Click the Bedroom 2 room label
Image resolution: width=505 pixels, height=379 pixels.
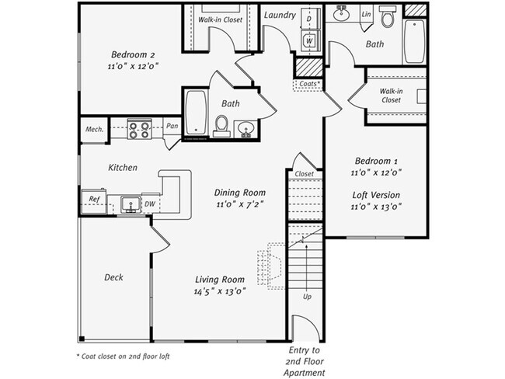click(x=133, y=54)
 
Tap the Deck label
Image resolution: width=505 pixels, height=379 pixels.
click(x=113, y=277)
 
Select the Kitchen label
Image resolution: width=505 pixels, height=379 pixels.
click(x=123, y=167)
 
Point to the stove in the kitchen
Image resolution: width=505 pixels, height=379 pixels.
click(x=138, y=129)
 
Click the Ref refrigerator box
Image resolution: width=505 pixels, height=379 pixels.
click(x=95, y=200)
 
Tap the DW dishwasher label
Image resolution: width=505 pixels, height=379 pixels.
click(x=151, y=204)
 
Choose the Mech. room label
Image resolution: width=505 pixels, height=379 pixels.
click(x=94, y=129)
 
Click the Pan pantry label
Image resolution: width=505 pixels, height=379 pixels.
click(x=171, y=125)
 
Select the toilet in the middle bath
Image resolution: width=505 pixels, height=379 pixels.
click(x=221, y=125)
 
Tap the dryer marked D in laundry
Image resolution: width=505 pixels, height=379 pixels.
click(x=308, y=17)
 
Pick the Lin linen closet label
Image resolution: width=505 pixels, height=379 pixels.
click(x=366, y=15)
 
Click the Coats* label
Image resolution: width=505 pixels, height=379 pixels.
click(x=308, y=83)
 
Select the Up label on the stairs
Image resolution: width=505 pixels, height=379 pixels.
click(x=307, y=297)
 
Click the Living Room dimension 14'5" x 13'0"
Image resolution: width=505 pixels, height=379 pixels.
click(x=220, y=293)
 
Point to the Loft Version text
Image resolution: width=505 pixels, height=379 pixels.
click(x=376, y=195)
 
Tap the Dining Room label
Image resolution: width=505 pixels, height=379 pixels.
click(x=240, y=193)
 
